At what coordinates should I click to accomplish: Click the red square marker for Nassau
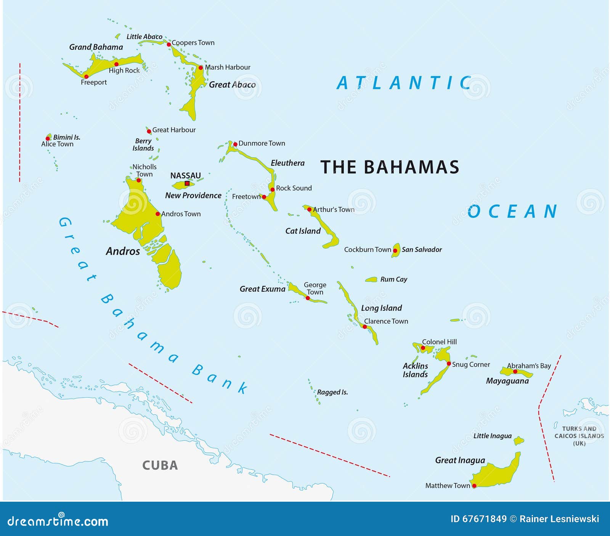click(187, 183)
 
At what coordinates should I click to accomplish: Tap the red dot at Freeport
click(86, 77)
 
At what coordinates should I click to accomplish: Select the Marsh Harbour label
click(228, 67)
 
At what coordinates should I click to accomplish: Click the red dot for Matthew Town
click(474, 486)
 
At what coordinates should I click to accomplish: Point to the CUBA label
click(160, 465)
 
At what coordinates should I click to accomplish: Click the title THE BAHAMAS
click(390, 167)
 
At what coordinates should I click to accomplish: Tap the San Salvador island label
click(422, 249)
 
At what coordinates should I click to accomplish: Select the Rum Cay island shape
click(371, 279)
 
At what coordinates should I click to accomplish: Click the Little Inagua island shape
click(518, 441)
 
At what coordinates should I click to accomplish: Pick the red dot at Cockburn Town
click(395, 250)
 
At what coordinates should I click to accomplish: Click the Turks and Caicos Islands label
click(579, 436)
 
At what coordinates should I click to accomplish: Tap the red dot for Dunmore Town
click(235, 144)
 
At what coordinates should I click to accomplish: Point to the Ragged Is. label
click(332, 392)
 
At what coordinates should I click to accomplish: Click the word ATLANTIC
click(404, 83)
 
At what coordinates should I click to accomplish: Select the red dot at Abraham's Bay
click(515, 371)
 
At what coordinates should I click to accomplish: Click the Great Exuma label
click(262, 289)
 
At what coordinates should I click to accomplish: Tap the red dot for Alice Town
click(48, 139)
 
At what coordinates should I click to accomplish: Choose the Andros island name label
click(123, 251)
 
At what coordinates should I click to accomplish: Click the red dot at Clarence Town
click(365, 327)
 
